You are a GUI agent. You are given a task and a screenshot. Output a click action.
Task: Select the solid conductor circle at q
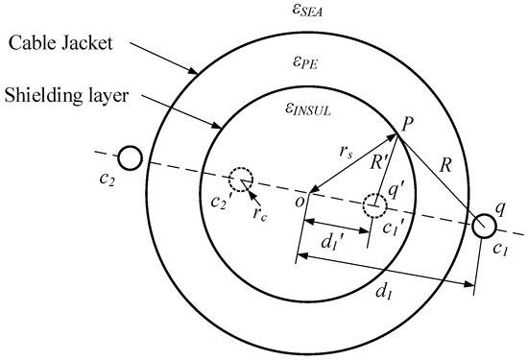pos(485,225)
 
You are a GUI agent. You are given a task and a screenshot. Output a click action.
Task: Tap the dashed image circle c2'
pos(240,178)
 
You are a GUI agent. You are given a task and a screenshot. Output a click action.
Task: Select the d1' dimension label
pos(331,245)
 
